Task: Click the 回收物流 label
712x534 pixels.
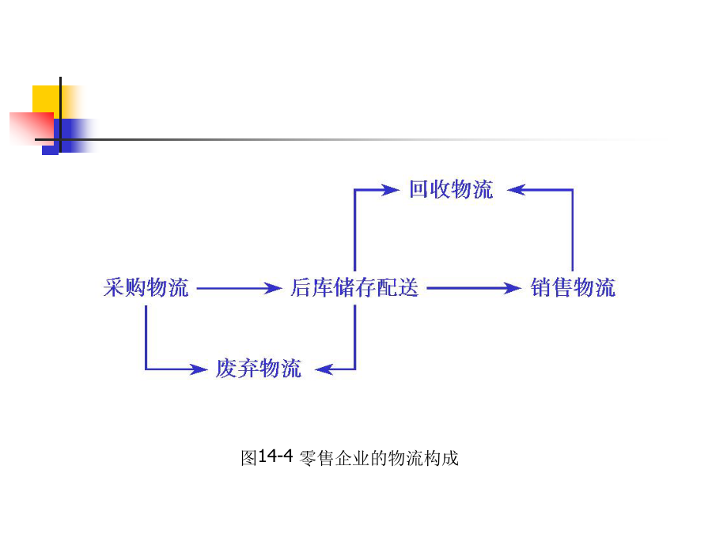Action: pos(451,189)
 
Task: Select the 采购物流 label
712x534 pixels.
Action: pos(146,287)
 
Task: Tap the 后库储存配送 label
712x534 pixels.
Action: pos(354,287)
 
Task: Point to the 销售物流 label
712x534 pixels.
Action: pos(573,287)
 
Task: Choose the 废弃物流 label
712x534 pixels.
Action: pos(259,368)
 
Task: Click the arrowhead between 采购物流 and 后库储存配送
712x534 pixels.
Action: pos(273,288)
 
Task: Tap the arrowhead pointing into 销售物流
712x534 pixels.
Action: pos(513,288)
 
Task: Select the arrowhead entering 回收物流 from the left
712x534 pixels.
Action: pos(391,190)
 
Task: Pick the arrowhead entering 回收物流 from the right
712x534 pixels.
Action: pos(517,190)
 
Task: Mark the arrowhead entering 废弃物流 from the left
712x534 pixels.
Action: pos(199,369)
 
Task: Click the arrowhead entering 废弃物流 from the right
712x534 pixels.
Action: pos(324,369)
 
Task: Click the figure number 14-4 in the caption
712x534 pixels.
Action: pos(275,456)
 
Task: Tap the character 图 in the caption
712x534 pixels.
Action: pos(249,458)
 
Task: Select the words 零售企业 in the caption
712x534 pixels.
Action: pos(334,458)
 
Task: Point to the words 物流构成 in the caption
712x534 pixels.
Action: pos(424,458)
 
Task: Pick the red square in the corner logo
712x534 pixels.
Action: pos(32,128)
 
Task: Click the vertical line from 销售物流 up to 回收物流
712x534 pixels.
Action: pos(573,230)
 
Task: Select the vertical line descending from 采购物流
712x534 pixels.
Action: pos(146,337)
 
